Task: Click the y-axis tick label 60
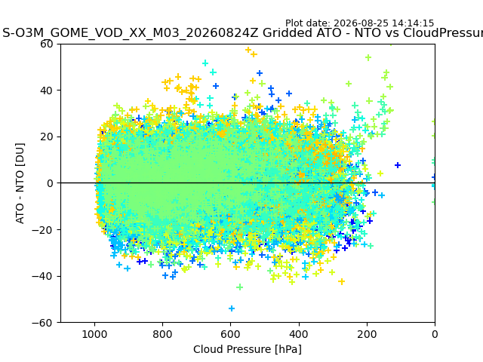(46, 44)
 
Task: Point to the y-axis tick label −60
(42, 323)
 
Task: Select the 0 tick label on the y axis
(50, 183)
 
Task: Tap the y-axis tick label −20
(42, 230)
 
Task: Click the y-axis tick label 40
(46, 90)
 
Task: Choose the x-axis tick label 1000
(94, 334)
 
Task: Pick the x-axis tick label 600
(231, 334)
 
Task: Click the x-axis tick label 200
(367, 334)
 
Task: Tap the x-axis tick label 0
(435, 334)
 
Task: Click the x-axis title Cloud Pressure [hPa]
(248, 349)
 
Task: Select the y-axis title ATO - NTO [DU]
(20, 183)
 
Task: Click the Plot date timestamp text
(359, 23)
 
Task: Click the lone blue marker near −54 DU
(232, 308)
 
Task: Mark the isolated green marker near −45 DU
(240, 287)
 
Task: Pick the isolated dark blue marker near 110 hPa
(398, 165)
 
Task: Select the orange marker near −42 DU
(341, 281)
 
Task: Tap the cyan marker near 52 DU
(205, 63)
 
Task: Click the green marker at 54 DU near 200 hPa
(368, 57)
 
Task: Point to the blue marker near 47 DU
(260, 73)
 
